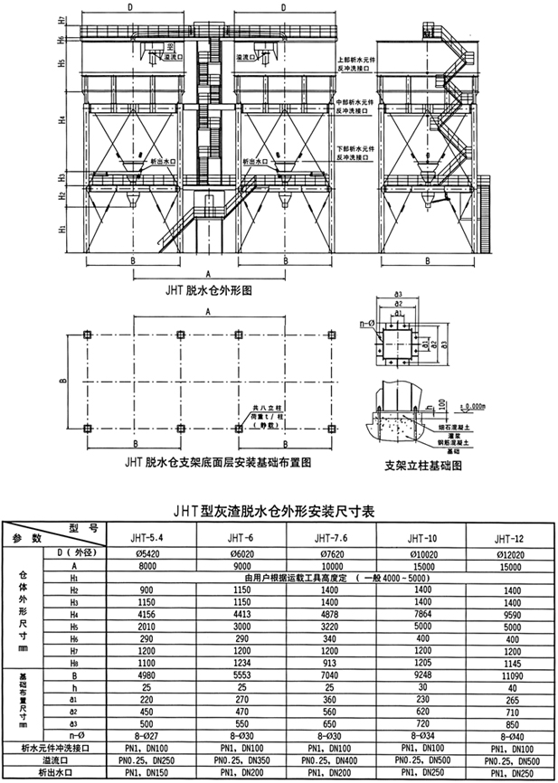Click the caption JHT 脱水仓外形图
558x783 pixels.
(207, 292)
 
